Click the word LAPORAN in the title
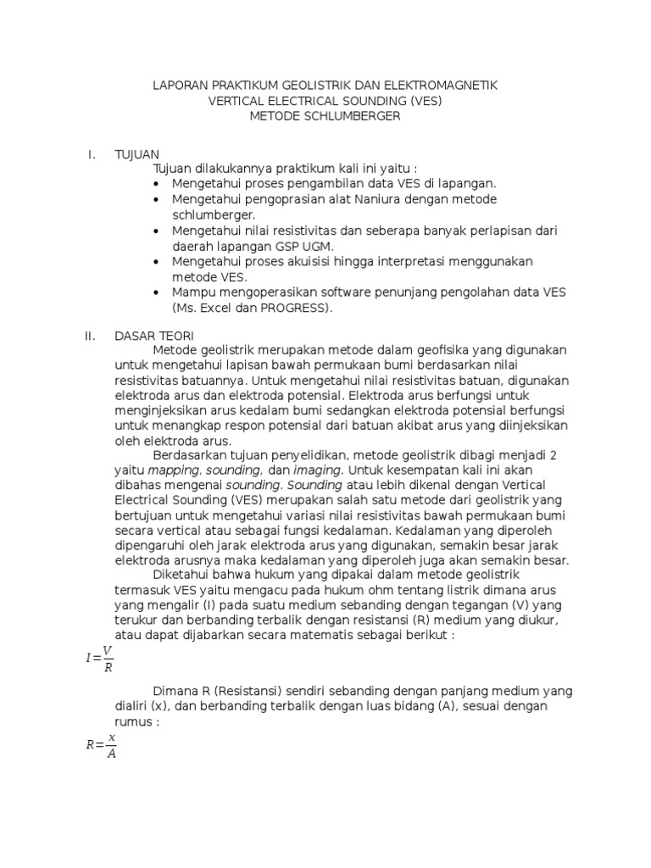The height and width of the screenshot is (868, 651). tap(181, 86)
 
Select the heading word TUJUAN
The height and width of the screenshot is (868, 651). tap(136, 153)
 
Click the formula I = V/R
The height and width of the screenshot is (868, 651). tap(98, 657)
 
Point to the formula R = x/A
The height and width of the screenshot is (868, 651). tap(100, 746)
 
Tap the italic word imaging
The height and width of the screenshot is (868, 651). tap(317, 469)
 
